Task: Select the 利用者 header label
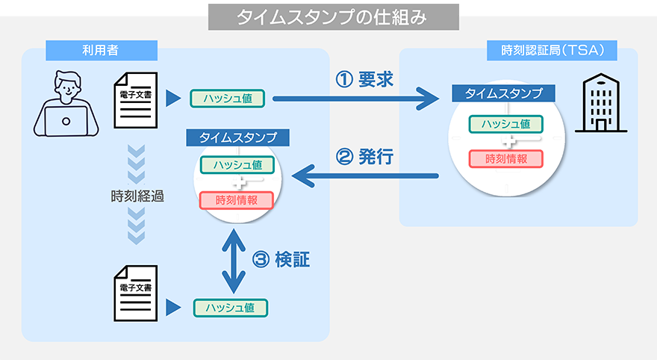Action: (x=101, y=50)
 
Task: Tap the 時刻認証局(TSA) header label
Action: (x=552, y=50)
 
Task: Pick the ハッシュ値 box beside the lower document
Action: (x=231, y=307)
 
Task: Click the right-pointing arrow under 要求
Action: (x=355, y=98)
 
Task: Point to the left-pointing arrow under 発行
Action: (x=366, y=176)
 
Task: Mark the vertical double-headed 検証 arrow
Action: (x=234, y=261)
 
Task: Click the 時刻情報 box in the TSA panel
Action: (x=505, y=158)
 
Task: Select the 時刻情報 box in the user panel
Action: (x=236, y=200)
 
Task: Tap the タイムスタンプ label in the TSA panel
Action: (x=504, y=93)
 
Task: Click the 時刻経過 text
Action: (x=137, y=198)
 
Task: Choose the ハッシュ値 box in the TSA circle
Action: (x=505, y=124)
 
